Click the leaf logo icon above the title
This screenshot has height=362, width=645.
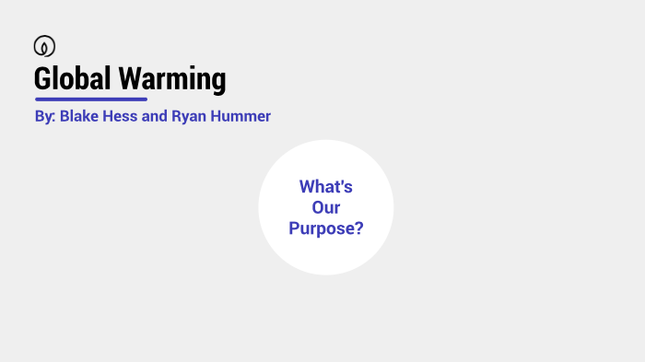click(x=43, y=46)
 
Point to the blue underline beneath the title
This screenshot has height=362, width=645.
click(x=90, y=99)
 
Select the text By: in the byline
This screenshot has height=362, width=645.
click(x=44, y=118)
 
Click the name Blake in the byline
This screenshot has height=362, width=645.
click(x=79, y=117)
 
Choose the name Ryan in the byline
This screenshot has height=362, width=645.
click(x=189, y=118)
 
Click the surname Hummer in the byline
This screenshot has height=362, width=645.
click(x=240, y=117)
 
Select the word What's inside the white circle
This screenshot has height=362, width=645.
click(x=325, y=187)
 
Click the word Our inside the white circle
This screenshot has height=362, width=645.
click(x=325, y=208)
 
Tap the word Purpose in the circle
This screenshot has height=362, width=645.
click(x=321, y=229)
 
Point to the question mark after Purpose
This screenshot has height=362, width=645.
click(x=358, y=228)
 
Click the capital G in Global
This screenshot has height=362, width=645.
click(x=41, y=78)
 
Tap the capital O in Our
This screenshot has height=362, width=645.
click(x=317, y=208)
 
